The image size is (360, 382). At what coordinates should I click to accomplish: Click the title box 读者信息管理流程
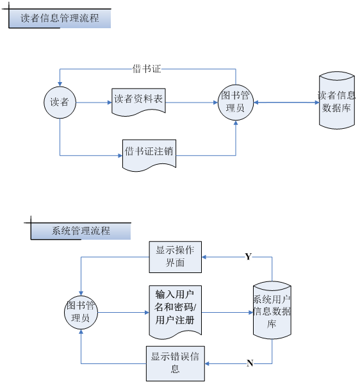click(x=60, y=19)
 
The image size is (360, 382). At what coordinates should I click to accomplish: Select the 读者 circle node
click(x=60, y=103)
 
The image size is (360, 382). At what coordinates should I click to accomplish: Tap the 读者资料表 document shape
click(x=138, y=102)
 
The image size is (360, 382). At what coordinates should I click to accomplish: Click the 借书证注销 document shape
click(x=149, y=155)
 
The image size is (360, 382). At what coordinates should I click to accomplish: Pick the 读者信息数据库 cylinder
click(x=337, y=100)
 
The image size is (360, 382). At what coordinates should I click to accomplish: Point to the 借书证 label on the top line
click(x=147, y=69)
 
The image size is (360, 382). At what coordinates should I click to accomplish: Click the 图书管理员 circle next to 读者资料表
click(x=236, y=103)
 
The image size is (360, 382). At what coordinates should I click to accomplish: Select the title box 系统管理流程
click(x=81, y=231)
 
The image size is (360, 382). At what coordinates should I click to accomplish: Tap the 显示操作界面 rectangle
click(x=176, y=257)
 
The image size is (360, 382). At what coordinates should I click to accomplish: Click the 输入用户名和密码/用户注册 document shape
click(x=176, y=312)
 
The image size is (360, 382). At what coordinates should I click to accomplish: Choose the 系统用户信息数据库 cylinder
click(x=272, y=310)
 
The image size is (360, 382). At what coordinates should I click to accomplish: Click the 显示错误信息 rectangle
click(x=176, y=363)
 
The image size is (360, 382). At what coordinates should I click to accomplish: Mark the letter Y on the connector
click(x=249, y=256)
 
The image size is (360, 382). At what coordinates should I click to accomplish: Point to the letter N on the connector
click(x=250, y=363)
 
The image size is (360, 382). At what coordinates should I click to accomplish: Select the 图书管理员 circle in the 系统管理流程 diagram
click(x=81, y=312)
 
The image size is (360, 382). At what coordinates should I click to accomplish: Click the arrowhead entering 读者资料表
click(x=110, y=103)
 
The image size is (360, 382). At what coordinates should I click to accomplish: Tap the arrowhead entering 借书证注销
click(x=120, y=156)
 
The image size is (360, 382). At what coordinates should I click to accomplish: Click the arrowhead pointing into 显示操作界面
click(x=204, y=257)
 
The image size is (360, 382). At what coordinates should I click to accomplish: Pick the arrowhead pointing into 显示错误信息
click(x=207, y=363)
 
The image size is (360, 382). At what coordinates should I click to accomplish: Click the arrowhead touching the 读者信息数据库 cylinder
click(x=317, y=103)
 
